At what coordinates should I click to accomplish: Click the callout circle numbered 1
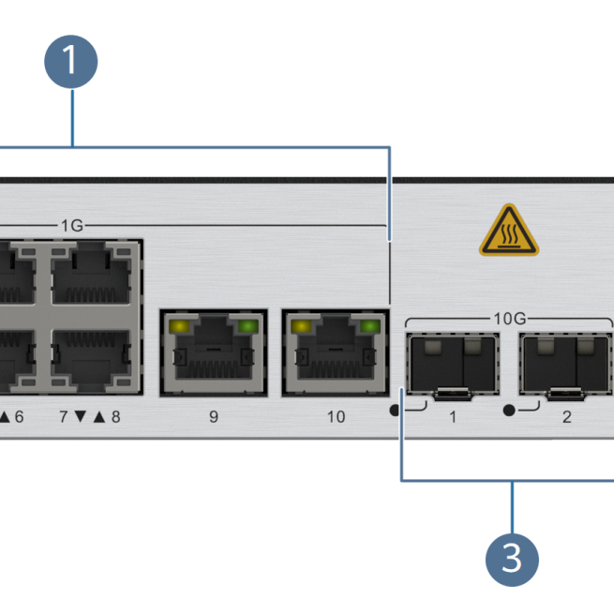click(70, 62)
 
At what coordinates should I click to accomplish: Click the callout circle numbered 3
click(512, 559)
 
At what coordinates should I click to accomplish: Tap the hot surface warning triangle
click(509, 231)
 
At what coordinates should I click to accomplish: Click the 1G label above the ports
click(72, 225)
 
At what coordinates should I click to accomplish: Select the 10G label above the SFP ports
click(509, 318)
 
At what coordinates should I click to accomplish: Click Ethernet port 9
click(214, 353)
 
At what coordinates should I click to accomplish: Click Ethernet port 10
click(336, 353)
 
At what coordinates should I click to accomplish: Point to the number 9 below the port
click(214, 416)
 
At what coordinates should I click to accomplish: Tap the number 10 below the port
click(336, 416)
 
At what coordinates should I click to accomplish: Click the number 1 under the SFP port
click(453, 416)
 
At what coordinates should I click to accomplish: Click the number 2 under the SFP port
click(567, 416)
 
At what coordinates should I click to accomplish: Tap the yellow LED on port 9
click(179, 327)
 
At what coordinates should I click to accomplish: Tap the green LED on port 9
click(247, 327)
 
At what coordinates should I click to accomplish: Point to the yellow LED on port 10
click(301, 327)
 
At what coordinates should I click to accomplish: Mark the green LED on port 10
click(369, 327)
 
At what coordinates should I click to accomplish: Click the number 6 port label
click(19, 416)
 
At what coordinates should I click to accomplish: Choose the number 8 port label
click(115, 416)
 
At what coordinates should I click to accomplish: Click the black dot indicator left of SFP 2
click(509, 411)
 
